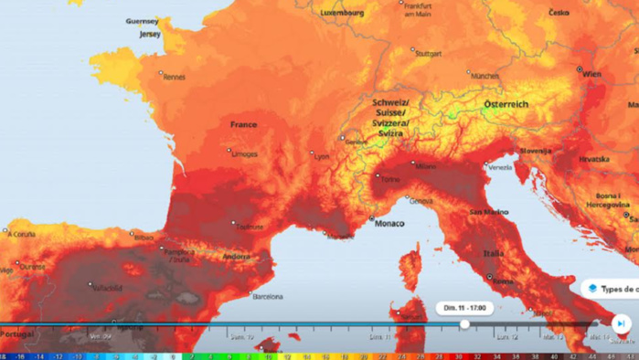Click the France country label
click(243, 124)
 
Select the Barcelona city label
click(267, 296)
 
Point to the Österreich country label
click(506, 104)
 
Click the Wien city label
click(592, 73)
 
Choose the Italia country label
click(494, 253)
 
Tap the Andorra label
click(236, 257)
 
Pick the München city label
click(485, 77)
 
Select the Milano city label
click(425, 167)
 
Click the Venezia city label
click(499, 167)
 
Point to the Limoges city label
click(245, 154)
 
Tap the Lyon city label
click(322, 156)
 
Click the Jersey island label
click(149, 34)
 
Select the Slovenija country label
click(537, 150)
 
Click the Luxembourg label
click(342, 14)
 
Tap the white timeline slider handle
click(464, 323)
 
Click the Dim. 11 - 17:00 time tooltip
click(464, 308)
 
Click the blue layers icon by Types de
click(592, 288)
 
